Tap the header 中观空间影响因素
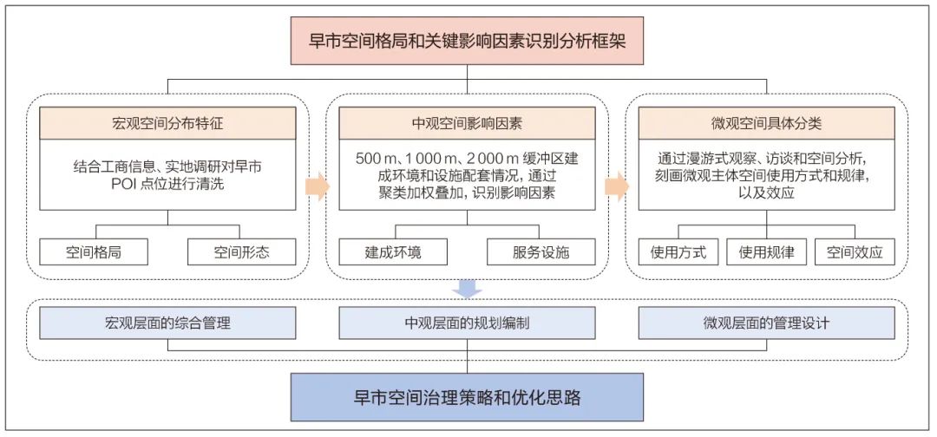(x=467, y=123)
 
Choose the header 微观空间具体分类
(x=766, y=123)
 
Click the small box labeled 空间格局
(x=94, y=252)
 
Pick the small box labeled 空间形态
(x=242, y=252)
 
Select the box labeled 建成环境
(x=393, y=252)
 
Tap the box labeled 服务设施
(x=541, y=252)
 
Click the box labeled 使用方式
(x=678, y=252)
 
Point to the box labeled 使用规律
(x=766, y=252)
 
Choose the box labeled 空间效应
(x=855, y=252)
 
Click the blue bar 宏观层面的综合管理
(x=168, y=323)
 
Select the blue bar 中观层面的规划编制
(x=467, y=323)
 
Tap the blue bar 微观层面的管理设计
(x=766, y=323)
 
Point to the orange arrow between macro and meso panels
(x=318, y=187)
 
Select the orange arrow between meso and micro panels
(x=617, y=187)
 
